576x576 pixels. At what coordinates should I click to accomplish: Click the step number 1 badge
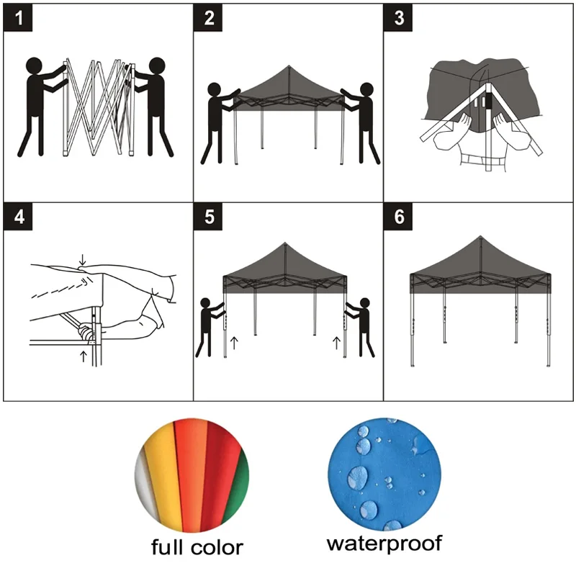point(19,19)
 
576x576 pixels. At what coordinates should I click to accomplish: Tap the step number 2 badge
point(209,19)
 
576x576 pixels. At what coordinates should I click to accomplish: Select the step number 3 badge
point(398,19)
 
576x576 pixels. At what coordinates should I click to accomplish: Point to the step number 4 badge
point(19,218)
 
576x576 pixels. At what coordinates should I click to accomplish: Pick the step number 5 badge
point(209,218)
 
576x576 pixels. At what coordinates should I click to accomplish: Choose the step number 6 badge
point(398,218)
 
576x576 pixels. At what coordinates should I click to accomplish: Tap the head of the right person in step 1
point(157,66)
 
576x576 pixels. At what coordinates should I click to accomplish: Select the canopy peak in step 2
point(288,66)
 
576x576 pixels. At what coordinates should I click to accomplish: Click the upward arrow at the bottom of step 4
point(84,356)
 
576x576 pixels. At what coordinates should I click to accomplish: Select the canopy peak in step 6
point(479,238)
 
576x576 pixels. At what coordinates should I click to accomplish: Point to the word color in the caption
point(218,546)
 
